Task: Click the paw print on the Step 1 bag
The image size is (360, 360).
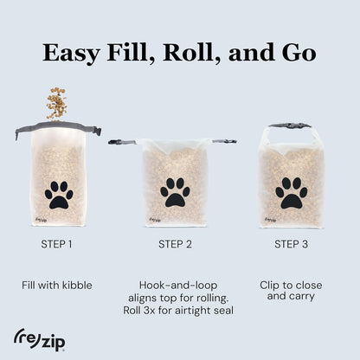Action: click(x=59, y=195)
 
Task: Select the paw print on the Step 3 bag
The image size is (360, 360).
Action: click(x=291, y=192)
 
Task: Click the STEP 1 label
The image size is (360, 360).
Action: click(x=57, y=244)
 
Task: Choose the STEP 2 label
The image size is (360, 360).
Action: click(x=176, y=244)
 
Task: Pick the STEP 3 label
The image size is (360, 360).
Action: click(x=292, y=244)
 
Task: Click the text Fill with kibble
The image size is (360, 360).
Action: click(x=57, y=284)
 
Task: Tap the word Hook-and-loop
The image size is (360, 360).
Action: click(x=176, y=284)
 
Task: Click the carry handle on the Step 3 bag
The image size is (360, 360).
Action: click(x=291, y=125)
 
